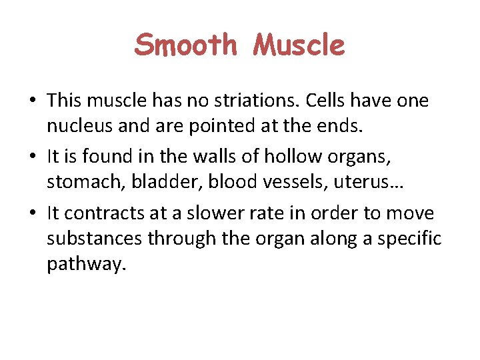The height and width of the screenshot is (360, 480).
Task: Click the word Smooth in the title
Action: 185,45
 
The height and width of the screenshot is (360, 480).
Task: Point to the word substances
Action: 94,239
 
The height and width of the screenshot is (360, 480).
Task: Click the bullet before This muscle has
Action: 32,102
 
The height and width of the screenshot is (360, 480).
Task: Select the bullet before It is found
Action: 32,158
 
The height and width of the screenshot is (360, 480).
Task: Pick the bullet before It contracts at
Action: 32,214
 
